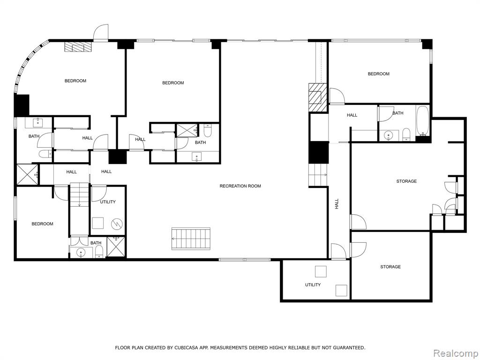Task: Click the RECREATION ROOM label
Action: (240, 186)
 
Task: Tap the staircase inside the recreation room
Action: (191, 239)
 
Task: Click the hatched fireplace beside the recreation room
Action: (317, 97)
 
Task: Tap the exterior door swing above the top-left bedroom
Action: (101, 32)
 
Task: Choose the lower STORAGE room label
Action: (390, 267)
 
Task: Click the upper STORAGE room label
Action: (406, 181)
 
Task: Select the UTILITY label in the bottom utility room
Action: (313, 285)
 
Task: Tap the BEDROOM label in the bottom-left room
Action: (42, 224)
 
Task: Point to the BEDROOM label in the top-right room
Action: (379, 74)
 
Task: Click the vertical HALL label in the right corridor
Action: (337, 203)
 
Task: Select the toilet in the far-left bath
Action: (45, 154)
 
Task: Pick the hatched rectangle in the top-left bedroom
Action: (78, 47)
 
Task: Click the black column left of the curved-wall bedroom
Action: (22, 105)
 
